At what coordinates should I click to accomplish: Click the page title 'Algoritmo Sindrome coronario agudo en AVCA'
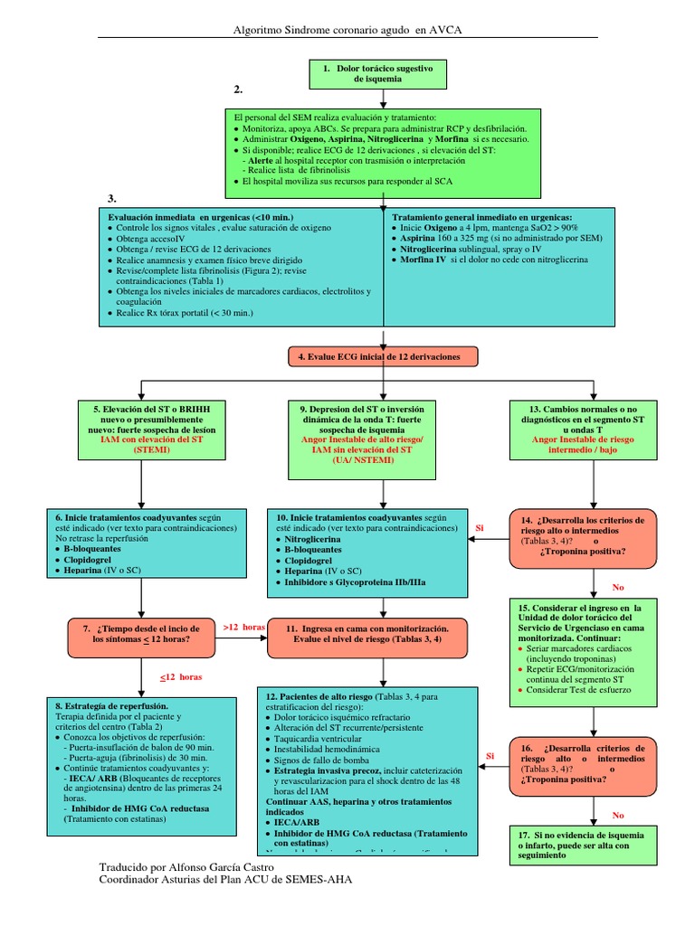347,31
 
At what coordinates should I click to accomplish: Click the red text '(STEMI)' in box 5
151,449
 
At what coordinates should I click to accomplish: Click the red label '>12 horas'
243,627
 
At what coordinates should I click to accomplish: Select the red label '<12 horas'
181,676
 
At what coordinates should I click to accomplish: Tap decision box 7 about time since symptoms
141,633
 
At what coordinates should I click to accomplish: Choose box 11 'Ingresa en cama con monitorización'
367,633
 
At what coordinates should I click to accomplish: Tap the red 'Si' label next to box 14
480,527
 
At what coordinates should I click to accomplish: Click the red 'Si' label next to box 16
490,755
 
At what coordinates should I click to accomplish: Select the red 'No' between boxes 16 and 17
618,815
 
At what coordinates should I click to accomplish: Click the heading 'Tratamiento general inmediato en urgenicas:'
481,218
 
